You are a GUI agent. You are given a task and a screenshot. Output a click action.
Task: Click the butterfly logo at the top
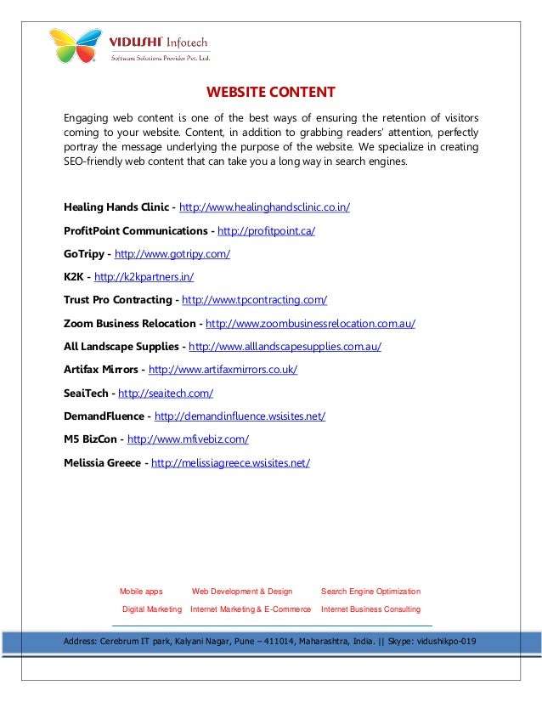pos(76,46)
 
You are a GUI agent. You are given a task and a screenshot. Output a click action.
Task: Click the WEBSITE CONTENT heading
pos(271,93)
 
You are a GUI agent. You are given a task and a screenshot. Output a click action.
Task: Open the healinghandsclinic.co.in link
pos(265,207)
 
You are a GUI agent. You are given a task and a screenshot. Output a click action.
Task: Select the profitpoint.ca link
pos(267,230)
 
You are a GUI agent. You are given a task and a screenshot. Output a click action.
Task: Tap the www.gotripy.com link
pos(172,253)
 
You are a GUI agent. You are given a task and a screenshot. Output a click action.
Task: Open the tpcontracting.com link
pos(255,299)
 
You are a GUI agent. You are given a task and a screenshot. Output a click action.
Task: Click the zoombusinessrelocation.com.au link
pos(310,323)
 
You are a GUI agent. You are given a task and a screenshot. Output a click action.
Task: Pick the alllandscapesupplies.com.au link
pos(285,346)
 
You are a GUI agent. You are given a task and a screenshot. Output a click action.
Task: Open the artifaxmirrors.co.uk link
pos(223,370)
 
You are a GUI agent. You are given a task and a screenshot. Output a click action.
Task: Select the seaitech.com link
pos(165,393)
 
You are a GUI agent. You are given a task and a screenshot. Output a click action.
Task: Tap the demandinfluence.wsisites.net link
pos(240,416)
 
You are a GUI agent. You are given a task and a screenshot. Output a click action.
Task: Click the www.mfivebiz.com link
pos(187,439)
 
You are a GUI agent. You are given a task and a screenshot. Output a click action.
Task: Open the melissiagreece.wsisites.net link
pos(230,462)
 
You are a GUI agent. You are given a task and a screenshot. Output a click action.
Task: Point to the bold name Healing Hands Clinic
pos(116,207)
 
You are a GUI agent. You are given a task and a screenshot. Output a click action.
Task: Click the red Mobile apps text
pos(141,591)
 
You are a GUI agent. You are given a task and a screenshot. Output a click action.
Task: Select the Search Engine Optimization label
pos(370,591)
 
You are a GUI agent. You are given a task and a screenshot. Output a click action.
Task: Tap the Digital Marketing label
pos(152,609)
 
